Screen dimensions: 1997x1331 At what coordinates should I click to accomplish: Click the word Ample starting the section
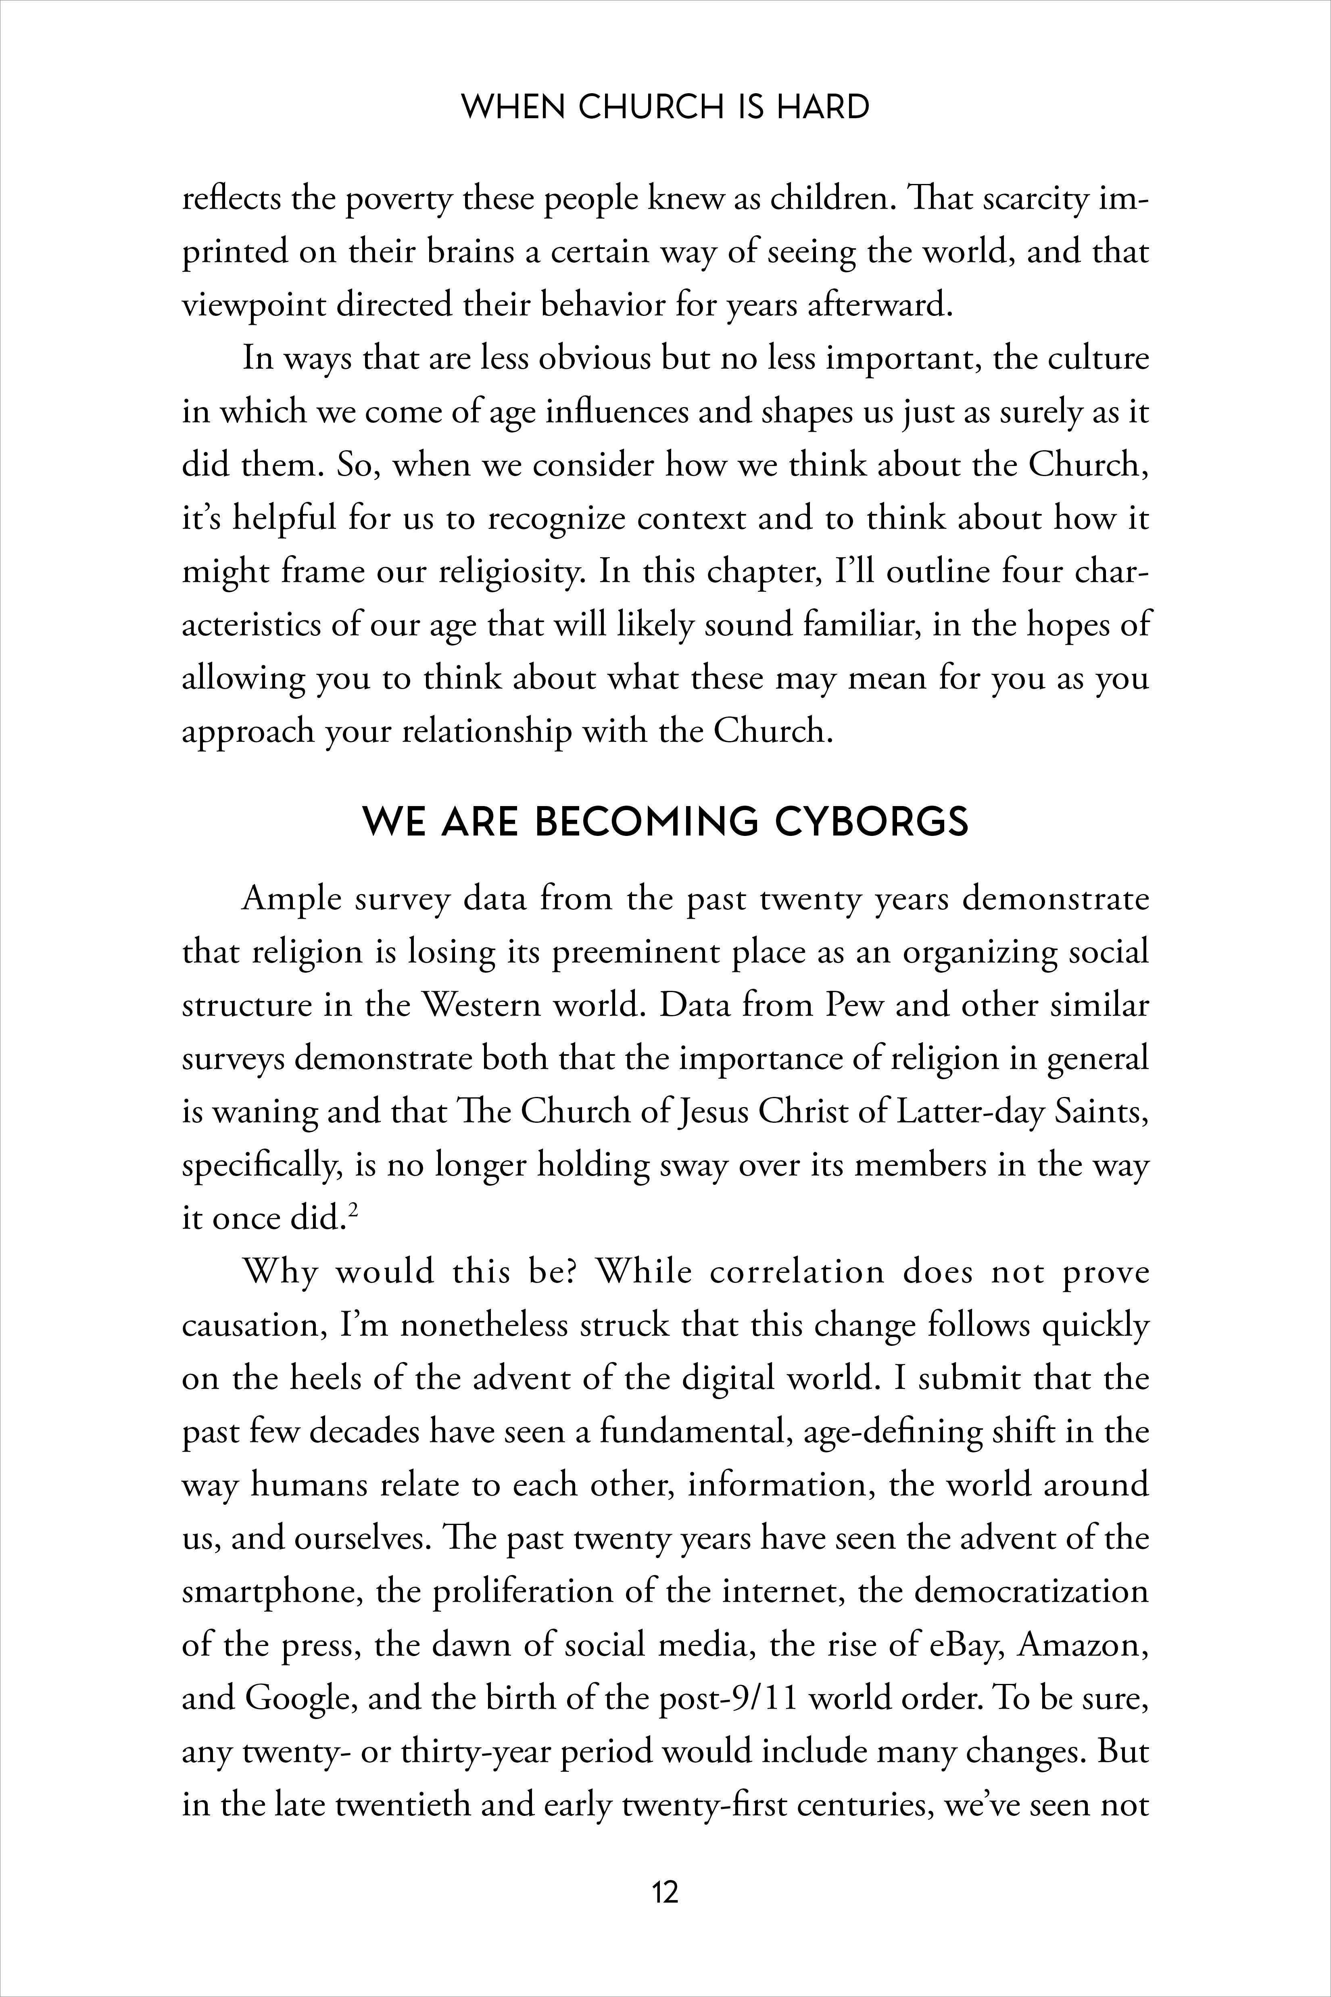coord(291,898)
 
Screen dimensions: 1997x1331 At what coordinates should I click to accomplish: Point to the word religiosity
coord(512,571)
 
